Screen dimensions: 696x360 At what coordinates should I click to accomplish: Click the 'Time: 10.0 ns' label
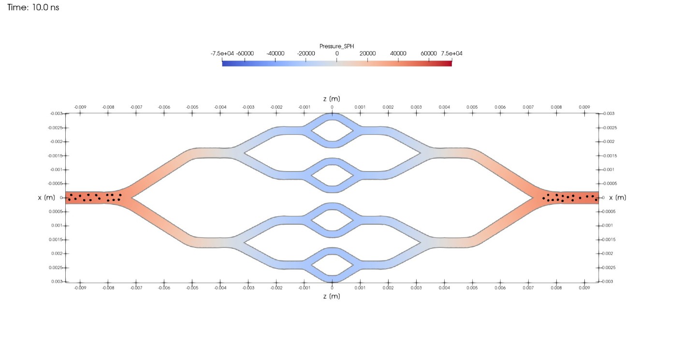[x=33, y=7]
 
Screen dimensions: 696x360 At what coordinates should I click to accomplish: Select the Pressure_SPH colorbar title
[x=336, y=46]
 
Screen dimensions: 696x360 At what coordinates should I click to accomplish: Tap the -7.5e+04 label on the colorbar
[x=222, y=54]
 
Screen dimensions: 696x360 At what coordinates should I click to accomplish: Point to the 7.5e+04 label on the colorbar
[x=451, y=54]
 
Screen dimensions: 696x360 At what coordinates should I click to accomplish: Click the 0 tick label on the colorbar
[x=336, y=54]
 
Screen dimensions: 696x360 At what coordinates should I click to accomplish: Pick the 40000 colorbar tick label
[x=398, y=54]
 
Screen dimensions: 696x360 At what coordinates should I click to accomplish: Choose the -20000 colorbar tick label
[x=306, y=54]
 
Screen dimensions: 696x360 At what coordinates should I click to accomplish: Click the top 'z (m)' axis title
[x=332, y=99]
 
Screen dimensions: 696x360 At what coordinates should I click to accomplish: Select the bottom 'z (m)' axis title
[x=332, y=296]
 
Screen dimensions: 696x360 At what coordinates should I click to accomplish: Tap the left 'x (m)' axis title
[x=46, y=198]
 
